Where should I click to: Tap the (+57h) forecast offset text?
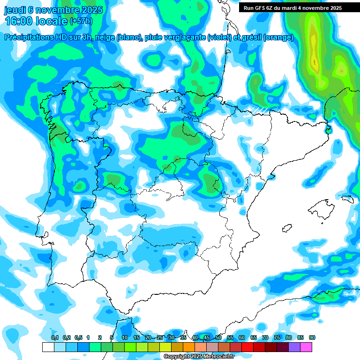pos(81,21)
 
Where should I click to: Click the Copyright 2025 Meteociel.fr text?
pos(199,357)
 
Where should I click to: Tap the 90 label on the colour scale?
pos(312,337)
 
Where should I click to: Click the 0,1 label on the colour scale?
pos(55,337)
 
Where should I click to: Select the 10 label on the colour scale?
pos(125,337)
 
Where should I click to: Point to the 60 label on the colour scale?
pos(242,337)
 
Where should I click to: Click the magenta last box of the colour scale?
pos(306,347)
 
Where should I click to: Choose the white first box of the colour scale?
pos(48,347)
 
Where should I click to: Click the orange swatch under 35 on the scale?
pos(188,347)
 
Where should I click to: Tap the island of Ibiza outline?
pos(287,228)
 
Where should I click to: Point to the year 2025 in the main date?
pos(93,9)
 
